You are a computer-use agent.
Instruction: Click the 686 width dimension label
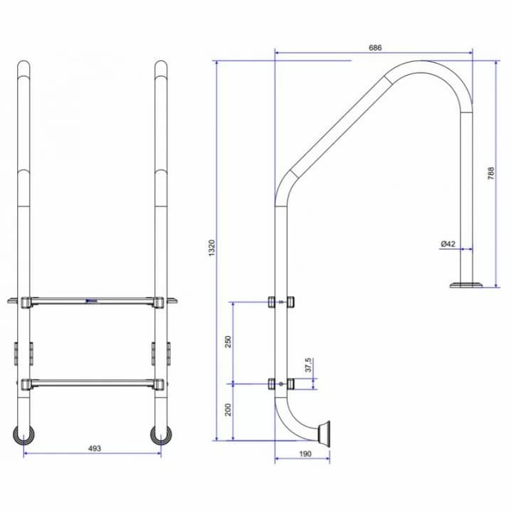pyautogui.click(x=375, y=48)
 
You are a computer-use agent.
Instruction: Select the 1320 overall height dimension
pyautogui.click(x=212, y=248)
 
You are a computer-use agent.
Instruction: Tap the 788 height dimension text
pyautogui.click(x=491, y=174)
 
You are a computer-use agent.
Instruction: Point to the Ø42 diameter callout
pyautogui.click(x=448, y=244)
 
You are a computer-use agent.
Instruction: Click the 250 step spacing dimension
pyautogui.click(x=228, y=342)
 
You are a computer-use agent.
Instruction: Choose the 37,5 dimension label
pyautogui.click(x=308, y=365)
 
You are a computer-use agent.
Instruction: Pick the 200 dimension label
pyautogui.click(x=228, y=410)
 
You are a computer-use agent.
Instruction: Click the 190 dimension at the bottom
pyautogui.click(x=305, y=453)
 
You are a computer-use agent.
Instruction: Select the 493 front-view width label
pyautogui.click(x=95, y=448)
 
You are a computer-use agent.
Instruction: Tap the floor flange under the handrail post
pyautogui.click(x=466, y=285)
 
